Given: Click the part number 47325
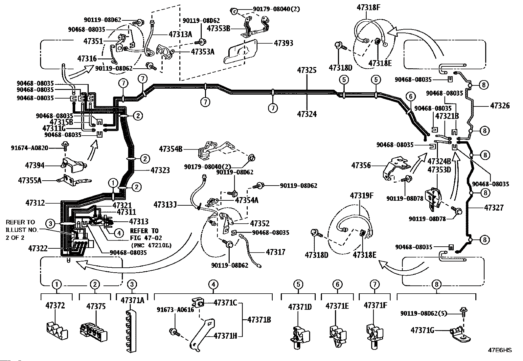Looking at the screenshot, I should click(x=307, y=70).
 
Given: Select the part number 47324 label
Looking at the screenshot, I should click(x=307, y=114).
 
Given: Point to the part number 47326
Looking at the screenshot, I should click(x=500, y=105).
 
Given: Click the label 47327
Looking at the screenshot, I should click(x=494, y=208).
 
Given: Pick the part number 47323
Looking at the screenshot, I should click(x=160, y=170).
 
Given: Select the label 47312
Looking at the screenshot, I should click(x=35, y=203).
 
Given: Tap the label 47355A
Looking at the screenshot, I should click(x=30, y=180).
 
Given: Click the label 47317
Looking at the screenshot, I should click(x=276, y=252).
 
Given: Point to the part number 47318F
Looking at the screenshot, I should click(x=370, y=8).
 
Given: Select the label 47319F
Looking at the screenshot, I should click(x=362, y=196).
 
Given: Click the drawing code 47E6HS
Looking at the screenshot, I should click(x=500, y=350).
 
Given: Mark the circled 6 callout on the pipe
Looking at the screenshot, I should click(x=410, y=97).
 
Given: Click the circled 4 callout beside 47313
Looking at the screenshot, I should click(x=119, y=233).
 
